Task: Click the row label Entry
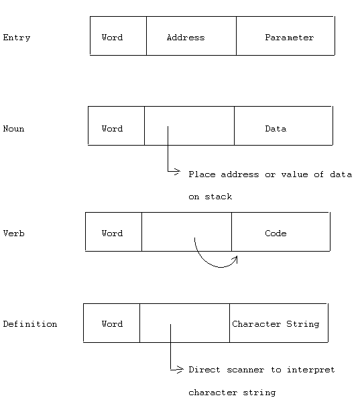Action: [x=17, y=38]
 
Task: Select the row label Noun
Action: [x=14, y=129]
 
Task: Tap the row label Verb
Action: [x=14, y=234]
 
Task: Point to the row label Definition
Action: [x=30, y=324]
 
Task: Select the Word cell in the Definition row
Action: [x=111, y=323]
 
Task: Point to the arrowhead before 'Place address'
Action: [x=176, y=172]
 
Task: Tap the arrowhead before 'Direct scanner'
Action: [x=178, y=369]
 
